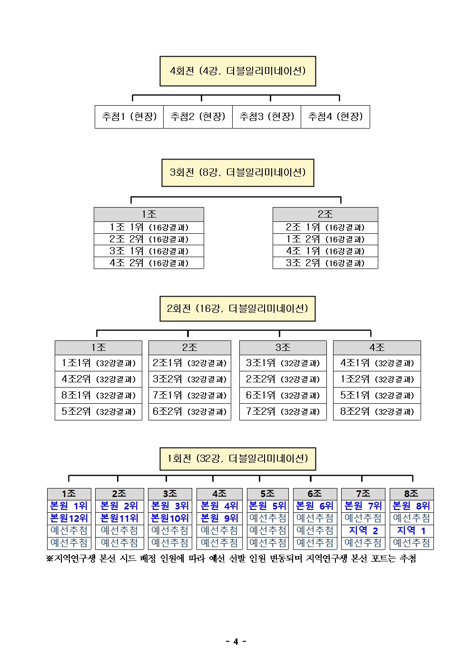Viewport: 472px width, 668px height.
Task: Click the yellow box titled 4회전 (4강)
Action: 237,71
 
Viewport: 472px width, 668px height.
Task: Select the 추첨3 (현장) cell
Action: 266,117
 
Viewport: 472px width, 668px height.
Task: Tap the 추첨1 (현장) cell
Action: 129,117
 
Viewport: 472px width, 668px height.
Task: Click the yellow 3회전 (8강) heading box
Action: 237,172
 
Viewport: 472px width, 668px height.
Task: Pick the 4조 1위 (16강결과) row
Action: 325,251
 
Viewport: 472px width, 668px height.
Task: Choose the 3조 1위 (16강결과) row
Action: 148,251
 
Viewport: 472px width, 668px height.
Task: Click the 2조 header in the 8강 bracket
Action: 325,214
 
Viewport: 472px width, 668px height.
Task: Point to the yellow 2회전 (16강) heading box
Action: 237,309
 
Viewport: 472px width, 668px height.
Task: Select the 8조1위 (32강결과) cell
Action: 98,395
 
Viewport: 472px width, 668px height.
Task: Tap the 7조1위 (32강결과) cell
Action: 189,395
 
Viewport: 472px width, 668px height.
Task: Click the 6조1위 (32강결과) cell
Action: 283,395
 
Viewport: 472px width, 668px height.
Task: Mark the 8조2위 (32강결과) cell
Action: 377,411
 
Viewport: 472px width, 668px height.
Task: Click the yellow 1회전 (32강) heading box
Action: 237,459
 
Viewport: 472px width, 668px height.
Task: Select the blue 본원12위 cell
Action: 69,518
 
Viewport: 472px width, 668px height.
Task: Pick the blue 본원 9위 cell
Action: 219,518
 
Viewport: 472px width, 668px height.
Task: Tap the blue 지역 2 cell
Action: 363,530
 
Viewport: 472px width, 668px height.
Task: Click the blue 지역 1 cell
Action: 412,530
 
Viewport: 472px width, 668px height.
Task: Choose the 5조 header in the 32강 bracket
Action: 267,494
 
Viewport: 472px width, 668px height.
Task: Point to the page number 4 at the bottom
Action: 236,641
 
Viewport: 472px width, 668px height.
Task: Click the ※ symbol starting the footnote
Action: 49,558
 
